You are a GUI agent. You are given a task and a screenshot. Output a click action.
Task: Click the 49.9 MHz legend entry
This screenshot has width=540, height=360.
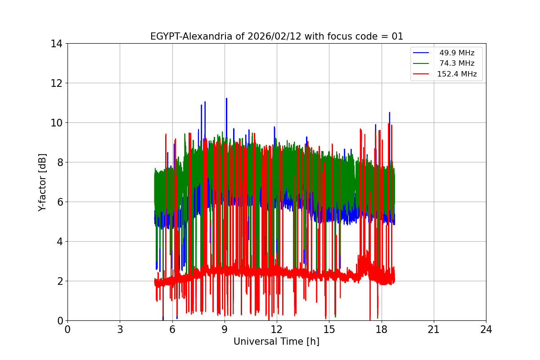457,53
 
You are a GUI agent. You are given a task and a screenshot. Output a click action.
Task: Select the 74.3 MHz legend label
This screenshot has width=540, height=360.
457,63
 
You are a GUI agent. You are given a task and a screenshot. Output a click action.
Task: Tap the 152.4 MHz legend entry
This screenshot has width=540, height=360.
457,74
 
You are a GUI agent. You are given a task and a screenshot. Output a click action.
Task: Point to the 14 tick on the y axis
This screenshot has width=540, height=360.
57,44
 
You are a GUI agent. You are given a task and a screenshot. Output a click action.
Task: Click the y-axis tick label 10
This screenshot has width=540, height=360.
57,123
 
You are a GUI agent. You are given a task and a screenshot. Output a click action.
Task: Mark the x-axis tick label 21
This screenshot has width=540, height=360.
434,330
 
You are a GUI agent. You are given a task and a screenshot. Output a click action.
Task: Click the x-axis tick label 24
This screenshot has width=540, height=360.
486,330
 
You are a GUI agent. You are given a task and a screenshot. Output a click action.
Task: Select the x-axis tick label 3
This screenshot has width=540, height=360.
120,330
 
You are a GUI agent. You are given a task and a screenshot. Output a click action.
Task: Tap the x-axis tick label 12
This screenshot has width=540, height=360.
277,330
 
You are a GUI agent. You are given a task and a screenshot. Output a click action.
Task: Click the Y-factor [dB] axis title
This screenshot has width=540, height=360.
42,182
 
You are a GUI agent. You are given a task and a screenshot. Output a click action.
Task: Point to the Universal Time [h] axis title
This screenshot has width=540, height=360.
276,342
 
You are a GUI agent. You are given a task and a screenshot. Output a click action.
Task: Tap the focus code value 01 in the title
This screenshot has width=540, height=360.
397,36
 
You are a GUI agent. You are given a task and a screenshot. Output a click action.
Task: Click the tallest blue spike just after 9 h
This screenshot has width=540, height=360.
226,99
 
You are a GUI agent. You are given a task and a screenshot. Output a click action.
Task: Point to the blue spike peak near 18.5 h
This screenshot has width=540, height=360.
389,113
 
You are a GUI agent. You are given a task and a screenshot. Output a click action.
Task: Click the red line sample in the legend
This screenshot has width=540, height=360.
421,74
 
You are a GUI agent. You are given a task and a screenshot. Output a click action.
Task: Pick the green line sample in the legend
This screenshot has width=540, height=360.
421,63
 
